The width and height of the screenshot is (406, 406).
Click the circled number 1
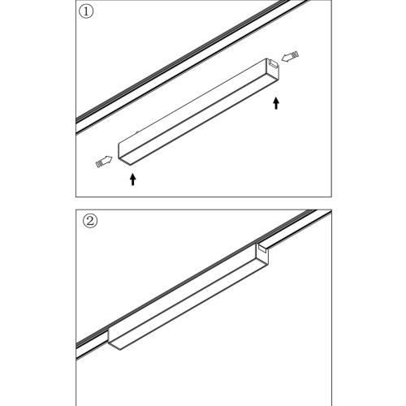pyautogui.click(x=88, y=14)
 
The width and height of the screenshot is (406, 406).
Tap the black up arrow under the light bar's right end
pyautogui.click(x=278, y=103)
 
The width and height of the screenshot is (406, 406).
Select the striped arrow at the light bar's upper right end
pyautogui.click(x=291, y=57)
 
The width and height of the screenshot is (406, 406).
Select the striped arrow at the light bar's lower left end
pyautogui.click(x=102, y=162)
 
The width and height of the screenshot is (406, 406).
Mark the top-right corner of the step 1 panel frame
pyautogui.click(x=330, y=2)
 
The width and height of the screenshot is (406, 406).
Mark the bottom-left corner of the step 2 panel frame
pyautogui.click(x=76, y=404)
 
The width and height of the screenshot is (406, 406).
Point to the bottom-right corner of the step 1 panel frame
pyautogui.click(x=330, y=196)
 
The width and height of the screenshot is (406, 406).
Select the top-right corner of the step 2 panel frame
pyautogui.click(x=330, y=210)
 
